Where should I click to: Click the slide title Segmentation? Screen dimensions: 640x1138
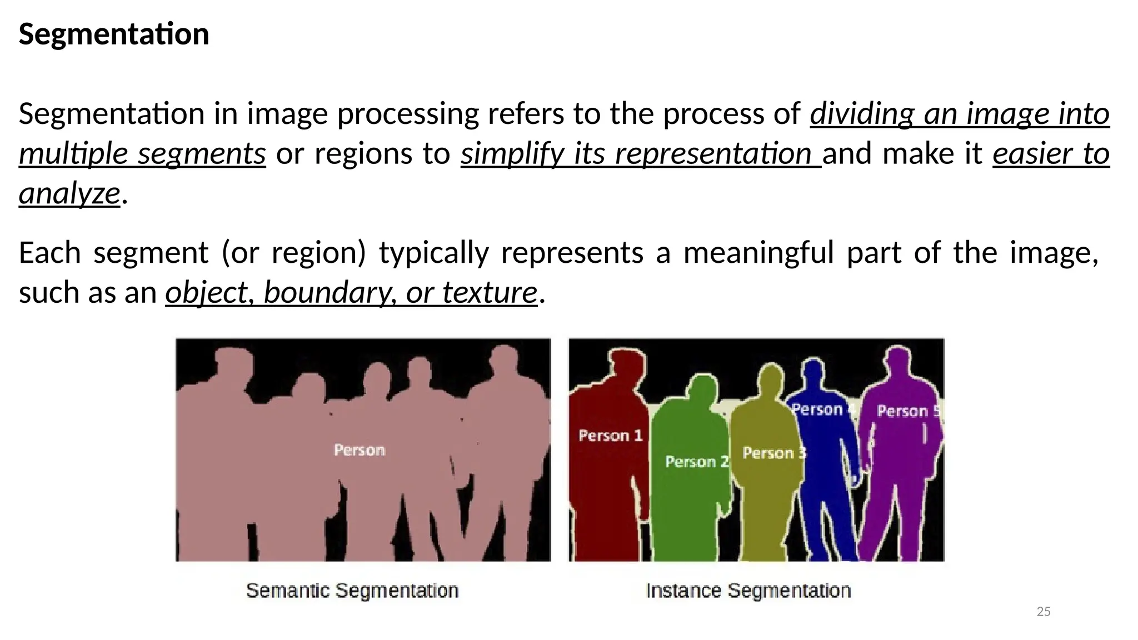pyautogui.click(x=114, y=34)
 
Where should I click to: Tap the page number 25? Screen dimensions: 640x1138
pyautogui.click(x=1044, y=612)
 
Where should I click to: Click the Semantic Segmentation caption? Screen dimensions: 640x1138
pyautogui.click(x=352, y=591)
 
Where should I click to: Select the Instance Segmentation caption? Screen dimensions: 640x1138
pyautogui.click(x=748, y=591)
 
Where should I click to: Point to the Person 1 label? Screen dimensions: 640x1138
pyautogui.click(x=610, y=436)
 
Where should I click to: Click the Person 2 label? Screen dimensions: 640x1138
pyautogui.click(x=696, y=462)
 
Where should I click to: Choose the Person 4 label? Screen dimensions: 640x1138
pyautogui.click(x=822, y=410)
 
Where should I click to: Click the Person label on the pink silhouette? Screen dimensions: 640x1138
pyautogui.click(x=359, y=450)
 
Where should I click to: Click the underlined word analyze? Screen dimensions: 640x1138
pyautogui.click(x=69, y=193)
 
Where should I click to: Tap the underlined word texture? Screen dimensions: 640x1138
pyautogui.click(x=490, y=292)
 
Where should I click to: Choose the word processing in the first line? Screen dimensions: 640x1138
pyautogui.click(x=407, y=114)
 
